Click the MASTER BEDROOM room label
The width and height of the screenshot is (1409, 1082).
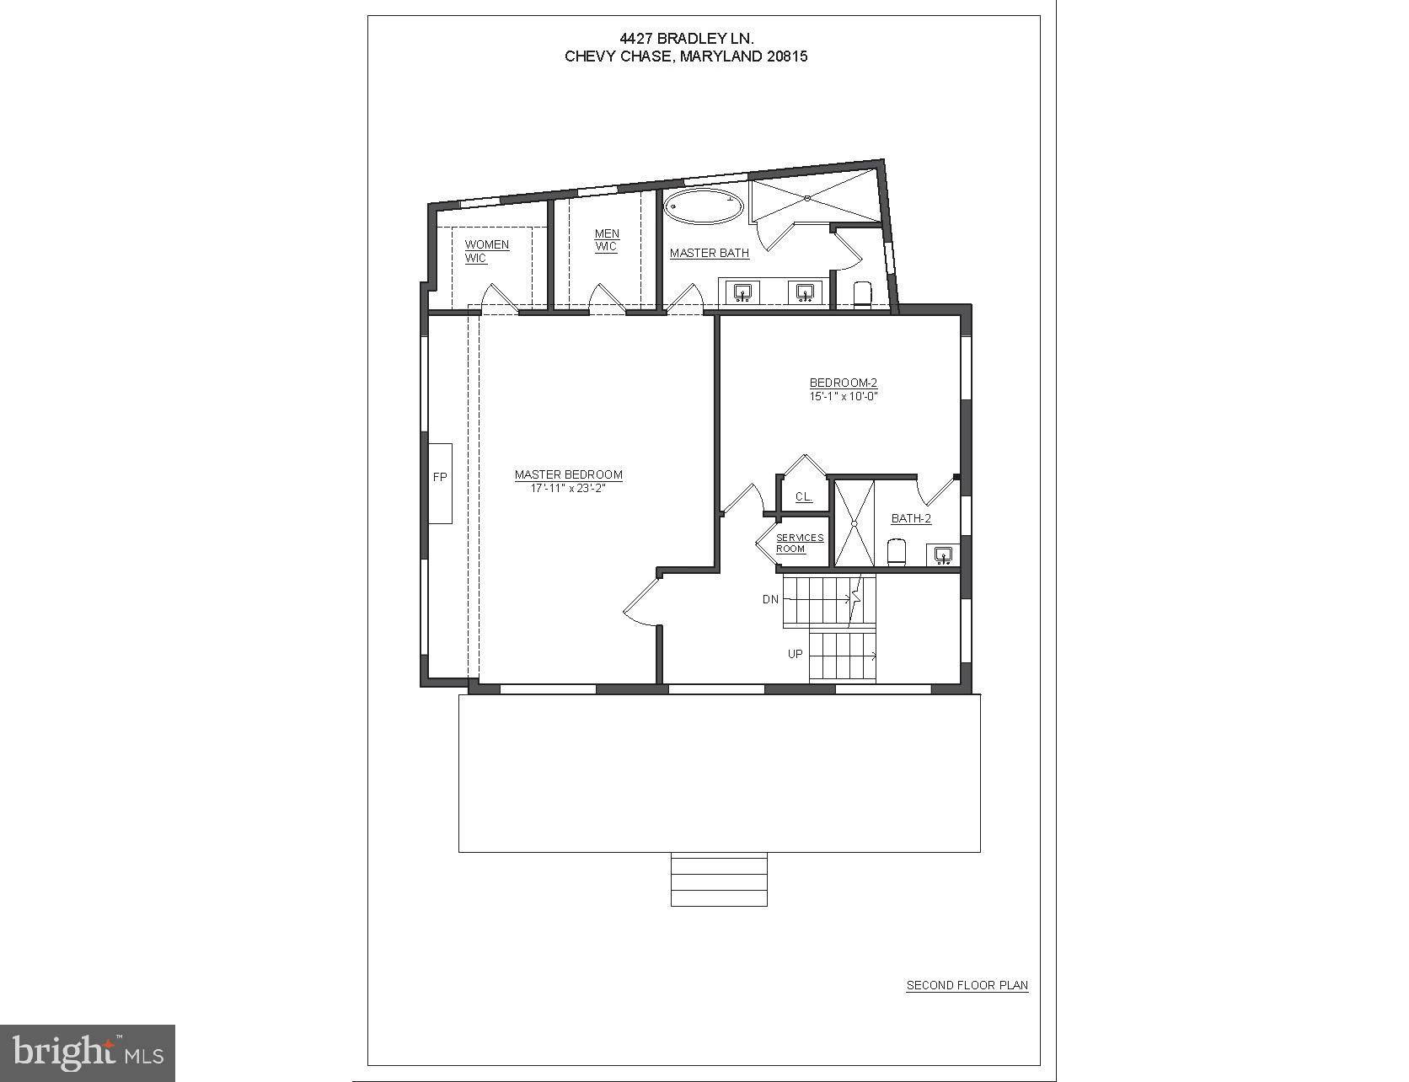click(x=569, y=474)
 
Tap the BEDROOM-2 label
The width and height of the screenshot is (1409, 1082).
click(x=844, y=383)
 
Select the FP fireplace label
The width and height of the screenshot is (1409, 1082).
click(x=440, y=478)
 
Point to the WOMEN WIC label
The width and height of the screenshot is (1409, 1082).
click(x=486, y=251)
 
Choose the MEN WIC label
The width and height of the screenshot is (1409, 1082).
click(x=607, y=240)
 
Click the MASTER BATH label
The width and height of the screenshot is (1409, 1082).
click(x=710, y=253)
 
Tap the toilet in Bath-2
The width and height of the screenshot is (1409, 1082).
click(x=897, y=553)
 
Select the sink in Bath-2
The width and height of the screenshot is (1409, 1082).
click(x=943, y=554)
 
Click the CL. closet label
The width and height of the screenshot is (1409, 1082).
click(x=804, y=497)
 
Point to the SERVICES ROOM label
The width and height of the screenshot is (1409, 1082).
click(x=799, y=544)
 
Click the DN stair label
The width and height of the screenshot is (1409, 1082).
click(x=770, y=600)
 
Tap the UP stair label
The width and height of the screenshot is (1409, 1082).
click(x=795, y=654)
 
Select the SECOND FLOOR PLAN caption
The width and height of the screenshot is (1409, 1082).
click(x=967, y=985)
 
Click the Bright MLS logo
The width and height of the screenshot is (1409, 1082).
click(x=88, y=1053)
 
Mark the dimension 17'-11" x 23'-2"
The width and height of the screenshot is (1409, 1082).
click(x=569, y=488)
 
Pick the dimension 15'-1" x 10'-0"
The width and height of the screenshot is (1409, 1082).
click(x=844, y=396)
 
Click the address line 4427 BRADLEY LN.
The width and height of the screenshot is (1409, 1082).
click(x=686, y=38)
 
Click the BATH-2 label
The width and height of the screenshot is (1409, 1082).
click(x=911, y=519)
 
